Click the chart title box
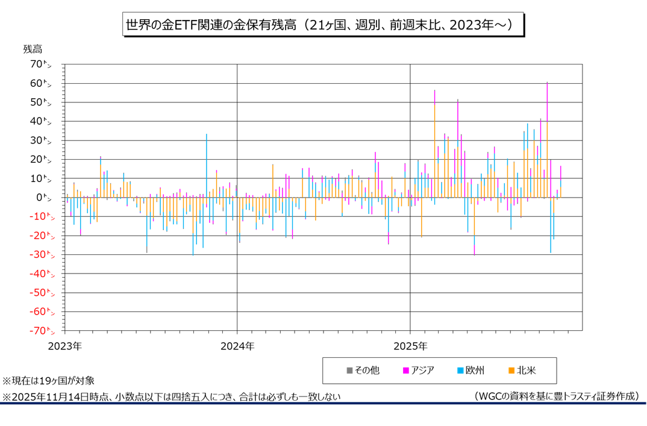323,25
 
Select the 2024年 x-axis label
237,346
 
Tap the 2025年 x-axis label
410,346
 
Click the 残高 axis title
33,49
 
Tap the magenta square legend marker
405,371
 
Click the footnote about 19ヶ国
48,381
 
